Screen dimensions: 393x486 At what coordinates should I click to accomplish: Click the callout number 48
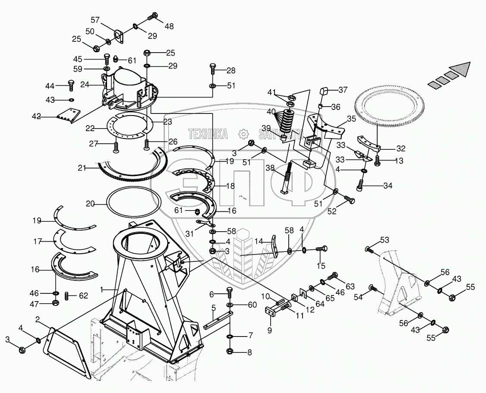coord(169,26)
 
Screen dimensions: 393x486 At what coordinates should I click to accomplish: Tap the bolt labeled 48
coord(152,17)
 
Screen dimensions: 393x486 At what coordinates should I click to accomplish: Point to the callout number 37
coord(343,90)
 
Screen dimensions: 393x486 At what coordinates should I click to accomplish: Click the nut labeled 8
coord(230,351)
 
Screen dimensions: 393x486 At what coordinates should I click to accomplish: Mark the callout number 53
coord(384,239)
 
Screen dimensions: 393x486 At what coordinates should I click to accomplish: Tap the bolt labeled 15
coord(322,249)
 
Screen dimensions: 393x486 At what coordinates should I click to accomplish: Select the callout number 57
coord(95,20)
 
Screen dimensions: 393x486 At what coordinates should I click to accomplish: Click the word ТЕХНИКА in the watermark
coord(208,134)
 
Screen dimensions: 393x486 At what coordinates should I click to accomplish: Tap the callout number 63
coord(350,286)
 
